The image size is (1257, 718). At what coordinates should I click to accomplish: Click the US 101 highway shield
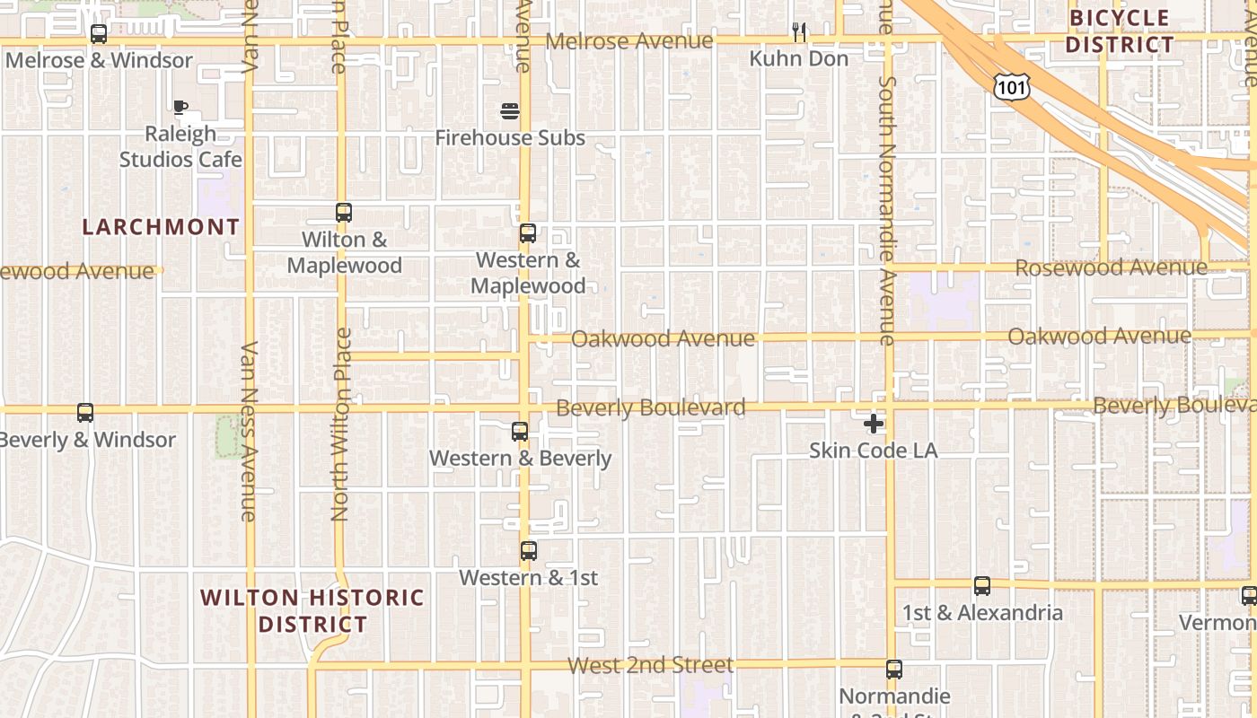[x=1011, y=86]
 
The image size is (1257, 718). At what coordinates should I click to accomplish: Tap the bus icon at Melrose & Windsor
[x=99, y=34]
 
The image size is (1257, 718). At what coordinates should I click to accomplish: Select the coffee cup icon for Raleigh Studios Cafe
[x=180, y=108]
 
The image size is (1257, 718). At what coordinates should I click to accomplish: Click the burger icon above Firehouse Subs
[x=510, y=112]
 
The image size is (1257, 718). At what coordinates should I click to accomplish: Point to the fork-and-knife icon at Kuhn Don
[x=799, y=32]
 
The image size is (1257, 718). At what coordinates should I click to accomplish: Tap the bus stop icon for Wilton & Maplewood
[x=344, y=213]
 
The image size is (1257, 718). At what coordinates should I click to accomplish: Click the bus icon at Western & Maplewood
[x=528, y=233]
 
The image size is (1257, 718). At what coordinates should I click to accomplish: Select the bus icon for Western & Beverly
[x=520, y=432]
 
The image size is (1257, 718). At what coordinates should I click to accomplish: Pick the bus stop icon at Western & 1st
[x=529, y=551]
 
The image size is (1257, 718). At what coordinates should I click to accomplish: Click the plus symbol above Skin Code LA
[x=874, y=424]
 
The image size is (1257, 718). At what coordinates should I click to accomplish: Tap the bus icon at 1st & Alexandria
[x=982, y=586]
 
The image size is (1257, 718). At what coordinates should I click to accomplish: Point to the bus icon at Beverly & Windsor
[x=85, y=413]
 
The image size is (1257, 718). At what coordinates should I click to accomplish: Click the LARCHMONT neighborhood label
[x=161, y=227]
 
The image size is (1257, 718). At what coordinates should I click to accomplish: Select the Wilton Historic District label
[x=312, y=610]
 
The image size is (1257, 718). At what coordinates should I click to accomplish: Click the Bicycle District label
[x=1121, y=31]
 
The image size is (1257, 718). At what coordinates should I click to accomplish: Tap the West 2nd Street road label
[x=651, y=665]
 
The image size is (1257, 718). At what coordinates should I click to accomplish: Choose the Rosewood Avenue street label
[x=1111, y=267]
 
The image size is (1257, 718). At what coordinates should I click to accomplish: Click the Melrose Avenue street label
[x=629, y=41]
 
